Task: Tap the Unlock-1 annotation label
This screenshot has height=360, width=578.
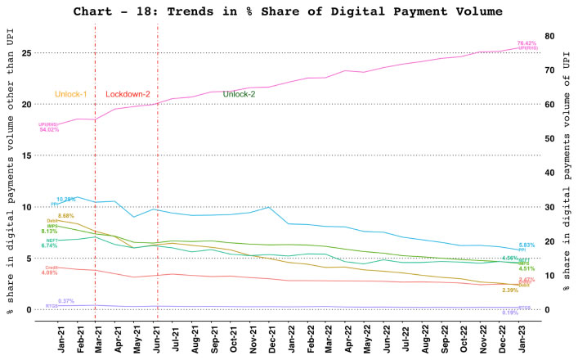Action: pos(73,94)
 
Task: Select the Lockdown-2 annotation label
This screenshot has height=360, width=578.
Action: pos(128,94)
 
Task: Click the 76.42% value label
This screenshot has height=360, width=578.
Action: pos(527,42)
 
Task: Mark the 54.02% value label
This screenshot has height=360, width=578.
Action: pos(49,129)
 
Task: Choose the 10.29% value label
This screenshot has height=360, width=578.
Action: pos(66,199)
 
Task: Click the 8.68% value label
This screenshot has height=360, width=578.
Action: pos(66,216)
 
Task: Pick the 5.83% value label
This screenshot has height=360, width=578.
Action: pos(527,245)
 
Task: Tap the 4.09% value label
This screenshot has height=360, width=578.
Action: pos(49,272)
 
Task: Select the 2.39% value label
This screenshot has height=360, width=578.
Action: pos(510,290)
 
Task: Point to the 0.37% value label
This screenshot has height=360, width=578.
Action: pos(66,301)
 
